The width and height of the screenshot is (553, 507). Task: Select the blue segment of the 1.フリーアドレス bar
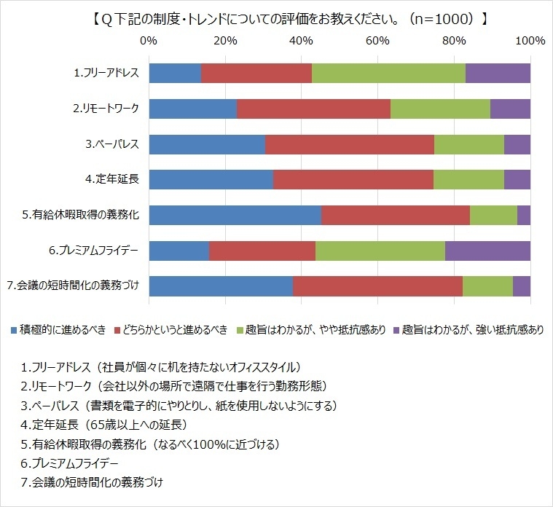click(x=175, y=73)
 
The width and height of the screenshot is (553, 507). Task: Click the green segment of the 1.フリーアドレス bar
click(x=388, y=73)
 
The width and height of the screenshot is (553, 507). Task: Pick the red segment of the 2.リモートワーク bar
click(x=313, y=109)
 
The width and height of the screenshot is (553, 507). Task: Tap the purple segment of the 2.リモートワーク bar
click(x=510, y=109)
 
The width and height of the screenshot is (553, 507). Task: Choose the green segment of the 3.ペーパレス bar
click(x=469, y=144)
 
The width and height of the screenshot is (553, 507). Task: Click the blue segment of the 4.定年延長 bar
click(x=211, y=179)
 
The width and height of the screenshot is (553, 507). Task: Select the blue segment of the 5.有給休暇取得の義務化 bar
click(x=235, y=215)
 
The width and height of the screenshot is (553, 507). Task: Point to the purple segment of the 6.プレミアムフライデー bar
click(x=487, y=251)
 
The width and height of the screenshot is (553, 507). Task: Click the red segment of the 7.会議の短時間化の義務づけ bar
click(x=377, y=286)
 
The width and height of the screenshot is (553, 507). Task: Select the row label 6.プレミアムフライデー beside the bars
click(x=94, y=251)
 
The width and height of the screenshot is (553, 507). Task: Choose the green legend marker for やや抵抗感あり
click(x=240, y=329)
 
